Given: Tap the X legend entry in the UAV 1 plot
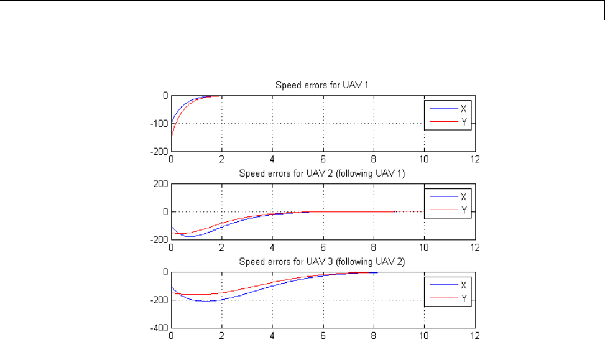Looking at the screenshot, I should (463, 108).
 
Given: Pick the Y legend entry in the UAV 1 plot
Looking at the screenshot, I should (463, 121).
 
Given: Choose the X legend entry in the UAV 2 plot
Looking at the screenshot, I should (463, 197).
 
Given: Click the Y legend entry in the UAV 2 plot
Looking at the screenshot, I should (463, 210).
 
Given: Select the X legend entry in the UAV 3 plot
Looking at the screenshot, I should (463, 285).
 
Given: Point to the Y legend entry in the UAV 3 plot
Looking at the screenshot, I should (463, 298).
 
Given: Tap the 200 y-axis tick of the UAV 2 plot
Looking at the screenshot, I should (162, 184).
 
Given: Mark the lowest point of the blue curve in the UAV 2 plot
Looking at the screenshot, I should (190, 236).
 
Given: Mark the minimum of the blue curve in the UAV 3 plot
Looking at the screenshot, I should (206, 301).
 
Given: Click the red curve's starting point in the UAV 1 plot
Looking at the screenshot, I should (172, 136).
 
